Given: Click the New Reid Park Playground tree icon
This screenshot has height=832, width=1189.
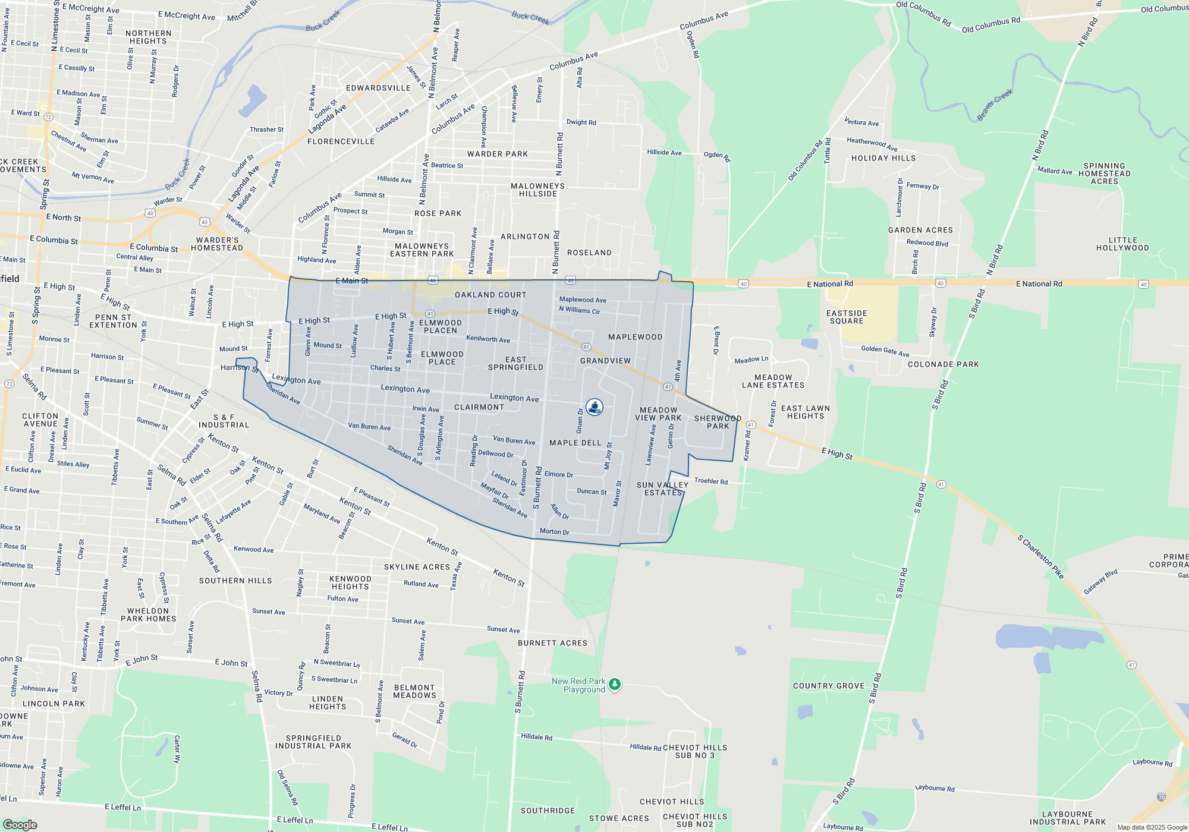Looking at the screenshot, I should [x=615, y=685].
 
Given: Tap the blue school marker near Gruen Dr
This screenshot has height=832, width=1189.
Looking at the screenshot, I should [x=594, y=407].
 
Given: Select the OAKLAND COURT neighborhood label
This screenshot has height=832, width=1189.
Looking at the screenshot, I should [x=490, y=295].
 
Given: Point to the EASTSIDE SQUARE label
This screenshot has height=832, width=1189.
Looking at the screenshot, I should [x=847, y=317].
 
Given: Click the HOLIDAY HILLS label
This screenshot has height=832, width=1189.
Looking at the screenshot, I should [x=883, y=158].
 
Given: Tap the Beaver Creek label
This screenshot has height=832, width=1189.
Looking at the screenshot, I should [x=995, y=105].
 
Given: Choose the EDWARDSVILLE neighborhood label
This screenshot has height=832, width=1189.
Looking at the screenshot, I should [x=379, y=88].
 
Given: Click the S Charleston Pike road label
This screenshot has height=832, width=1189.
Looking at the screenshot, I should [x=1040, y=557].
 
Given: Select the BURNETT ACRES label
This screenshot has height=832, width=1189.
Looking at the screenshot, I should [x=552, y=643].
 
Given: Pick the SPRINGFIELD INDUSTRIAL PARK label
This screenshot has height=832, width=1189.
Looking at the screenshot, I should [x=313, y=742].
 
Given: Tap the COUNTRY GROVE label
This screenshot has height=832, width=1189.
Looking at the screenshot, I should [x=829, y=686].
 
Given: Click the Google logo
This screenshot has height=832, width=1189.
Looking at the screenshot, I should [x=20, y=824].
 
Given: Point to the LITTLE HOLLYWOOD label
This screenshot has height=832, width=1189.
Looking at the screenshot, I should [x=1122, y=244].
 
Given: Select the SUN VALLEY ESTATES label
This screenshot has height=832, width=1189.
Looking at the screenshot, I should [x=662, y=489].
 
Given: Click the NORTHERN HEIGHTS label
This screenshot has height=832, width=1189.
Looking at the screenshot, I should [x=148, y=37].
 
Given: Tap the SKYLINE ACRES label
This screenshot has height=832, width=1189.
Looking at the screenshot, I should [x=417, y=567].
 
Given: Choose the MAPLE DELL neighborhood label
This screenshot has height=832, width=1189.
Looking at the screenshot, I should [x=575, y=443].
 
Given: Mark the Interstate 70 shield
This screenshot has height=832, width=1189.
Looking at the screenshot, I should [x=1161, y=797].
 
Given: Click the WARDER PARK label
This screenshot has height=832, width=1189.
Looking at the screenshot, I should [x=498, y=154].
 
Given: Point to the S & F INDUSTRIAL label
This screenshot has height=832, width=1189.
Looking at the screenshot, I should [x=224, y=421].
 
